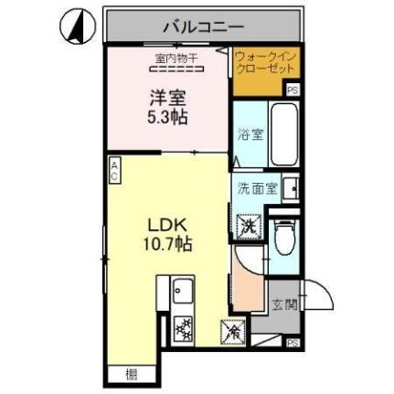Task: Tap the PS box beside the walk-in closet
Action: (x=293, y=90)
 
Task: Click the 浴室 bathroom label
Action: (x=252, y=134)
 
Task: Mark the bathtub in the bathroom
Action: (x=283, y=135)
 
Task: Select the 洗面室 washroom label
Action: (x=257, y=190)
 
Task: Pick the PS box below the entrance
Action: (x=293, y=342)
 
